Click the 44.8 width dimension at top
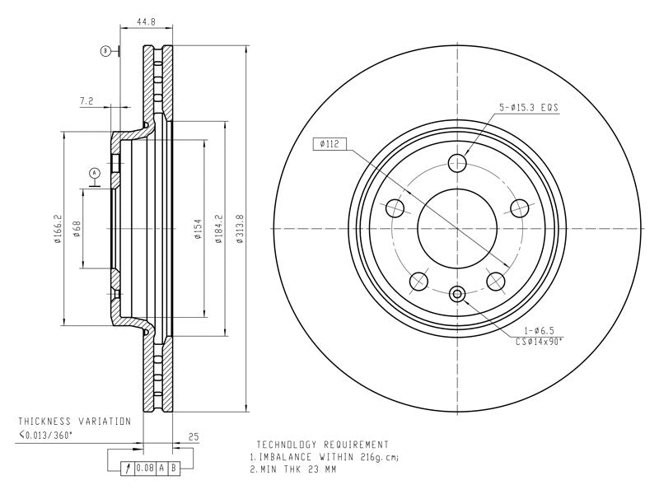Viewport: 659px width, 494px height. tap(147, 21)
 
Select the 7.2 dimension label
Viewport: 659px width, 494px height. tap(86, 100)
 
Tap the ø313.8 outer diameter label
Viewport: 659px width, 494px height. tap(240, 229)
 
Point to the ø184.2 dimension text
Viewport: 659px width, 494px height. tap(218, 230)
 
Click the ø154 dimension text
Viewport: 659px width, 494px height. tap(199, 230)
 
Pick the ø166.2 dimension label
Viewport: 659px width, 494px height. tap(58, 230)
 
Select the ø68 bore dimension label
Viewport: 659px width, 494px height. tap(77, 230)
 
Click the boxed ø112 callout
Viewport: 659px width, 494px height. tap(330, 144)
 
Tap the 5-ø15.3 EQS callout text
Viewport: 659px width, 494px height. tap(529, 108)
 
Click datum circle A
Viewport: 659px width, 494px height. tap(95, 173)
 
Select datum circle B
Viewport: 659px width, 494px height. tap(106, 51)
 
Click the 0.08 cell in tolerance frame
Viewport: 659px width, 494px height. tap(145, 468)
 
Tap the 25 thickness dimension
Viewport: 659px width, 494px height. tap(194, 437)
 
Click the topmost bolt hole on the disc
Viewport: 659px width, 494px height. tap(457, 163)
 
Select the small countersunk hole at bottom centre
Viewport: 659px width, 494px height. tap(457, 294)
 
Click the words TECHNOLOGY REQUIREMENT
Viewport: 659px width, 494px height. tap(322, 445)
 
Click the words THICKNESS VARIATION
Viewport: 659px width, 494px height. tap(75, 421)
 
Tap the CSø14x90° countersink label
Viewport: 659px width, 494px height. tap(539, 342)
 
